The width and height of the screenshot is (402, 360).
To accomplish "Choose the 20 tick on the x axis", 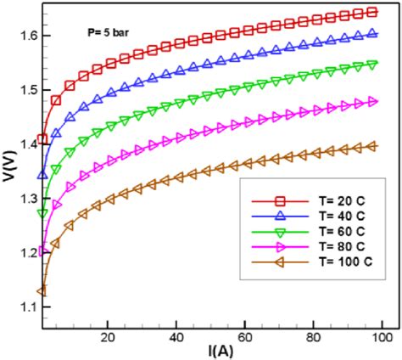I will pos(108,337).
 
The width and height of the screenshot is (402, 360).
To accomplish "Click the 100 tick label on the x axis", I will pos(380,337).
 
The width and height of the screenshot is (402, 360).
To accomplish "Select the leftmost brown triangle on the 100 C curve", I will pos(42,291).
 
